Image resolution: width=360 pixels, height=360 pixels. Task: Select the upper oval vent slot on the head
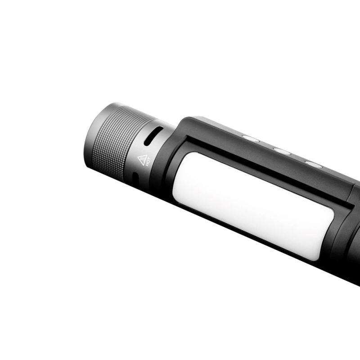click(x=153, y=135)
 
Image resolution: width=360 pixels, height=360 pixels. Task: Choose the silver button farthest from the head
click(x=314, y=164)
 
